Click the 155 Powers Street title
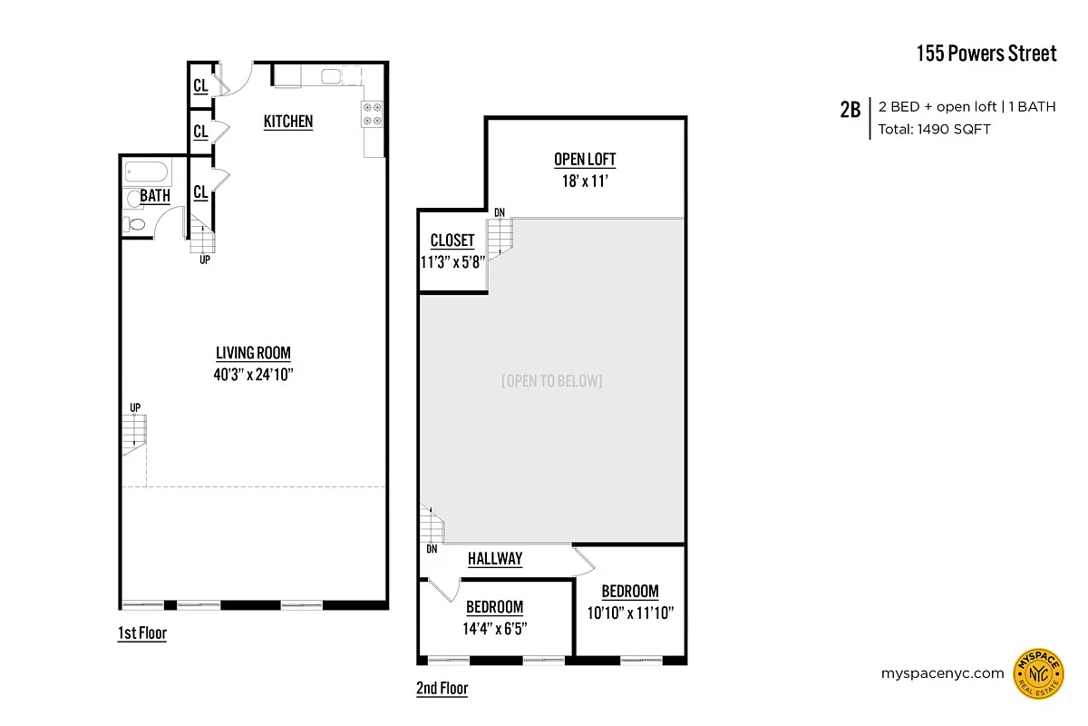click(986, 54)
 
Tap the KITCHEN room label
click(288, 122)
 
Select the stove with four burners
click(373, 113)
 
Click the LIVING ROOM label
click(253, 353)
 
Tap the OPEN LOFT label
click(585, 160)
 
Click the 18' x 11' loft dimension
click(585, 180)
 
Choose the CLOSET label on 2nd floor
click(452, 240)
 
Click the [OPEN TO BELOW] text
click(551, 381)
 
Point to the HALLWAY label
click(495, 559)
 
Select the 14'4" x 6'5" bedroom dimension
click(494, 627)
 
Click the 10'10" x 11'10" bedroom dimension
click(630, 612)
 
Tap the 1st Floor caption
click(142, 633)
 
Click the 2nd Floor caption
click(442, 688)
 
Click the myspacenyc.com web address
click(942, 673)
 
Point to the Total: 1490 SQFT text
click(934, 129)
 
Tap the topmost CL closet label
click(200, 86)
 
